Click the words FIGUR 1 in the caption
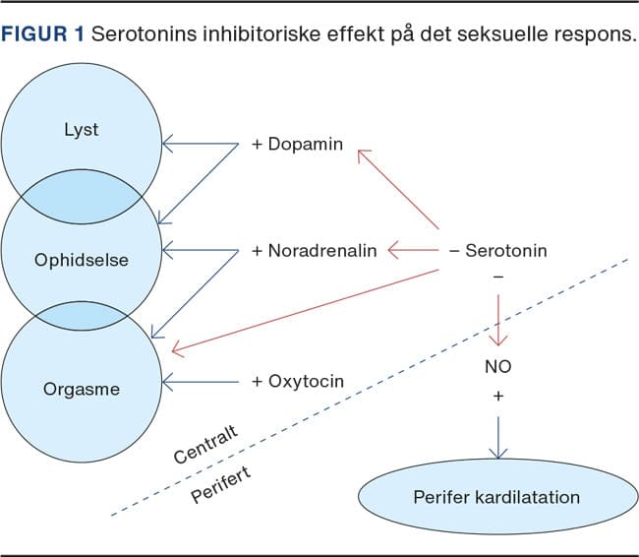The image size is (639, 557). (x=43, y=34)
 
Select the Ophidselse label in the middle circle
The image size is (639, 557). (x=82, y=260)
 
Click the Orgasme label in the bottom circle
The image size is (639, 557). (x=82, y=389)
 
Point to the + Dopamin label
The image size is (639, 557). (x=297, y=144)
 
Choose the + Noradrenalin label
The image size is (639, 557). (x=314, y=251)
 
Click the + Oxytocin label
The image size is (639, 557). (x=298, y=381)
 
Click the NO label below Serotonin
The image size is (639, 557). (x=497, y=367)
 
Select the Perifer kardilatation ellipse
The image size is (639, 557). (x=495, y=496)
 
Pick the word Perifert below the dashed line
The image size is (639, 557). (x=221, y=483)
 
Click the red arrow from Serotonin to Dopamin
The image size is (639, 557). (x=397, y=188)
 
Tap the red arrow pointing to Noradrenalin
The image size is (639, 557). (x=413, y=251)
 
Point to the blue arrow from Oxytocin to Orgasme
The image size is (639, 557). (x=202, y=381)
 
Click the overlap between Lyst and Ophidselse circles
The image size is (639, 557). (x=81, y=192)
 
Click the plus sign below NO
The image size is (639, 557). (x=497, y=395)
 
